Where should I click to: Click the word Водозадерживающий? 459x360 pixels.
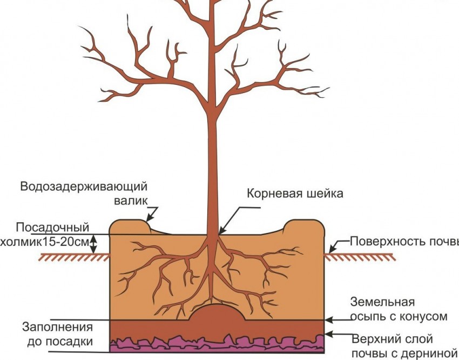84,187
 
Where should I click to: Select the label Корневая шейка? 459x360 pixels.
295,194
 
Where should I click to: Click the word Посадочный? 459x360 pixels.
52,227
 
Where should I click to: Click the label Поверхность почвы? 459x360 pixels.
404,241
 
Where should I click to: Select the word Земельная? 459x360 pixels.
382,302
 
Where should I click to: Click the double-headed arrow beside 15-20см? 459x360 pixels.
94,244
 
